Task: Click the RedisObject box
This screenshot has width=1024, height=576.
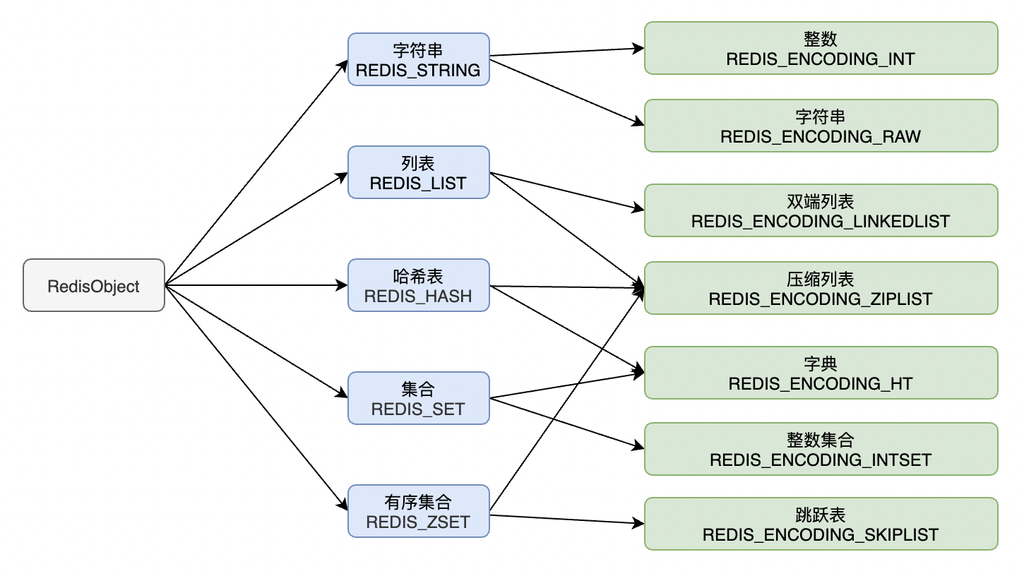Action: (94, 285)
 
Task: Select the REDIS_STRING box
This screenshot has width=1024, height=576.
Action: (418, 59)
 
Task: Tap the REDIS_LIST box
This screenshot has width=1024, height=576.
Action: (418, 172)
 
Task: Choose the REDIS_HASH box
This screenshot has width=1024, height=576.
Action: (418, 285)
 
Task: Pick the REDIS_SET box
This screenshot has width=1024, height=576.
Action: (418, 398)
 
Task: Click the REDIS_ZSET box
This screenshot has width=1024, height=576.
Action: (418, 511)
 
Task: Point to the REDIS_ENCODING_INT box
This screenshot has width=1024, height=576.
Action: (821, 48)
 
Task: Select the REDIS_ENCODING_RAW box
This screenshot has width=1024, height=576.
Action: (821, 126)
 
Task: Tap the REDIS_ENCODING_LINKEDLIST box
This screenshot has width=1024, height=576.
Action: (821, 210)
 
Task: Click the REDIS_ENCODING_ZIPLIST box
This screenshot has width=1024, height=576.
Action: (821, 288)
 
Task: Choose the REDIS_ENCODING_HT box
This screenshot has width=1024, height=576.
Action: (821, 373)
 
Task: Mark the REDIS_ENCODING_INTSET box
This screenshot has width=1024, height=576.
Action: (821, 449)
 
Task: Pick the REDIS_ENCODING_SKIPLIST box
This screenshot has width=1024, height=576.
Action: (821, 524)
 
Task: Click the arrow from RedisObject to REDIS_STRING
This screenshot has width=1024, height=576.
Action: (256, 173)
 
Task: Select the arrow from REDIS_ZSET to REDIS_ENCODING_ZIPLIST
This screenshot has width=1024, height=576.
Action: (567, 400)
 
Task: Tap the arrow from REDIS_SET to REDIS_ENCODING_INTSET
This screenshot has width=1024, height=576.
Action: (567, 424)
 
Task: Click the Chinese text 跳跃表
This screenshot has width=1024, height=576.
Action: (821, 515)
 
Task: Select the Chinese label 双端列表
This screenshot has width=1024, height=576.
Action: (821, 201)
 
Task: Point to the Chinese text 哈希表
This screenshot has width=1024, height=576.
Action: (418, 276)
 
